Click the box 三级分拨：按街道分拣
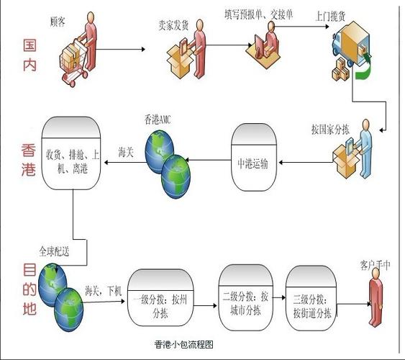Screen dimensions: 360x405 click(311, 302)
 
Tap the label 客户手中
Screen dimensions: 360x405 click(375, 264)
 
